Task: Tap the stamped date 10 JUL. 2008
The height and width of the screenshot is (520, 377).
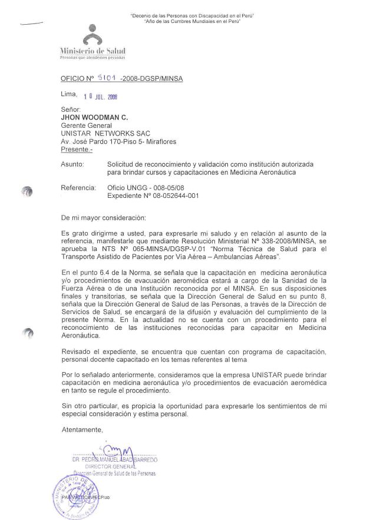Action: (101, 97)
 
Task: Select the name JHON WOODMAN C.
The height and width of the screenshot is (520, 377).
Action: (91, 117)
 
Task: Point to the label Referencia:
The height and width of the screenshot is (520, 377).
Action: (78, 187)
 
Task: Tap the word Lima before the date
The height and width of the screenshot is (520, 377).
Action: (69, 94)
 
